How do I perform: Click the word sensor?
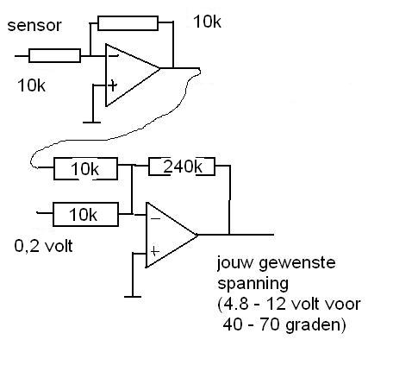coord(34,26)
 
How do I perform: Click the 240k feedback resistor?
coord(182,167)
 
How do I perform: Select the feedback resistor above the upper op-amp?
coord(128,23)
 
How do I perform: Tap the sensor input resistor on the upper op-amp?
coord(54,56)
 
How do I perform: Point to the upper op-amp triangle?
coord(133,75)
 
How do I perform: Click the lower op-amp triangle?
coord(172,235)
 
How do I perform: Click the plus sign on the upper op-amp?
coord(113,85)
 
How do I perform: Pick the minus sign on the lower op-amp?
coord(155,219)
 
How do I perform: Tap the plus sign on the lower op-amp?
coord(154,252)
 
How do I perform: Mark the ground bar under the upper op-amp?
coord(92,123)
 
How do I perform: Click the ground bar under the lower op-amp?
coord(133,297)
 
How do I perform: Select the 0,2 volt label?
coord(43,247)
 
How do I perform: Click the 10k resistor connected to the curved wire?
coord(85,169)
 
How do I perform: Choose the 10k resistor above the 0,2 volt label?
coord(85,214)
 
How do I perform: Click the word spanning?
coord(253,285)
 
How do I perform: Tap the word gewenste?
coord(297,263)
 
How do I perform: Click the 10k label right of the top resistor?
coord(207,22)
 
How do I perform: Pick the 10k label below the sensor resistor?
coord(31,85)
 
